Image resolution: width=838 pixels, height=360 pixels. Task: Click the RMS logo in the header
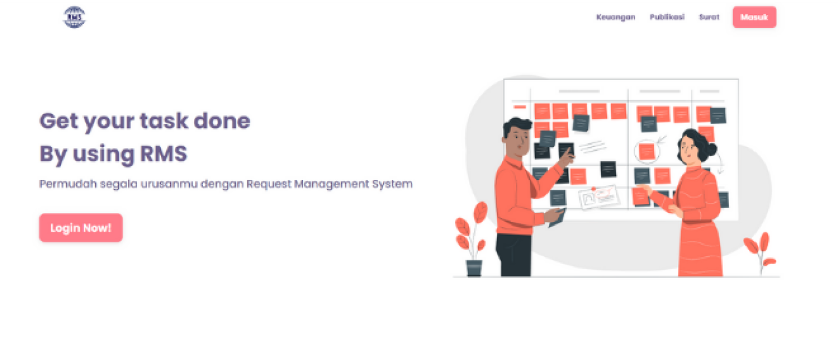point(74,17)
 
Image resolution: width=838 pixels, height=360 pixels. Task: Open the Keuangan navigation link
point(616,17)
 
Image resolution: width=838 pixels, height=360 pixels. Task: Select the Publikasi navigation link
point(667,17)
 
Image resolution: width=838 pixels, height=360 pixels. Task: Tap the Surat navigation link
point(709,17)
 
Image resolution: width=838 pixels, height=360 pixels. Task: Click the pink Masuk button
point(754,17)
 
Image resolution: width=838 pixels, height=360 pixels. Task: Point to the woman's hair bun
point(710,149)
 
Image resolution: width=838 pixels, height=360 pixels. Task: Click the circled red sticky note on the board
point(646,152)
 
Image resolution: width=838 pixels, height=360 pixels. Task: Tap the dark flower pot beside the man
point(474,268)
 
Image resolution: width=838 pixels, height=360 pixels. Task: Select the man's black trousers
point(514,255)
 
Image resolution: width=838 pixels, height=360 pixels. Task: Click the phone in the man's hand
point(556,219)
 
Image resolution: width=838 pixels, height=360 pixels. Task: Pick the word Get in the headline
point(59,121)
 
